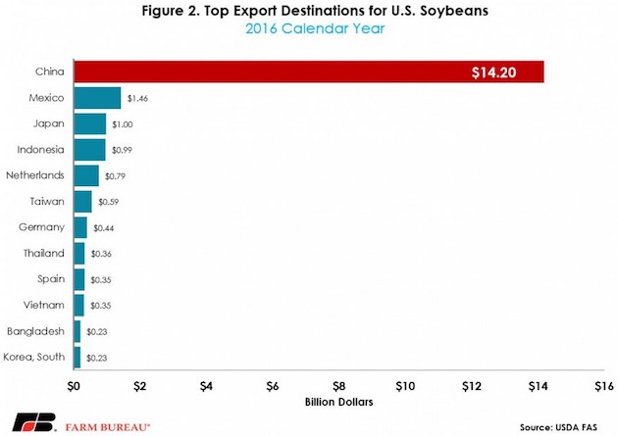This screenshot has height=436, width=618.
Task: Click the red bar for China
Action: pyautogui.click(x=294, y=72)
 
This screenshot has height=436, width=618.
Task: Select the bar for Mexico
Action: pyautogui.click(x=97, y=98)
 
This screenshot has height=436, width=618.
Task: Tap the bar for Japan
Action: pyautogui.click(x=89, y=123)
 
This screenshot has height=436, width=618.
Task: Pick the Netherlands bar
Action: pyautogui.click(x=86, y=175)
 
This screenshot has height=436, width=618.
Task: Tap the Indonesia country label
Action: pyautogui.click(x=42, y=150)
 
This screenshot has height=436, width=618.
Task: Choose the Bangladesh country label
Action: pyautogui.click(x=37, y=331)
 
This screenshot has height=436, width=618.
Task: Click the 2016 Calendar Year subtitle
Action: pyautogui.click(x=309, y=29)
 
